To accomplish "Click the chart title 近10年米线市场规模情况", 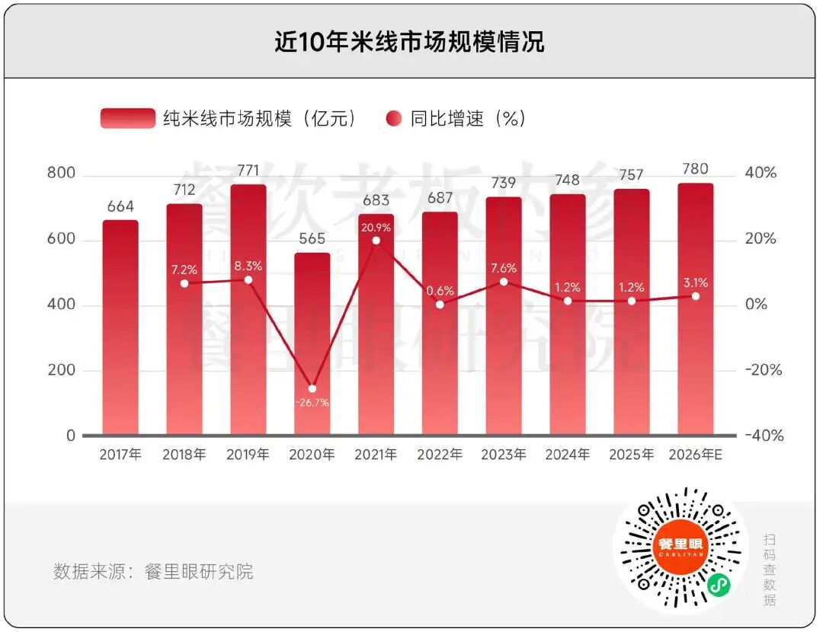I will [410, 41].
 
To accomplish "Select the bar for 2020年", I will [312, 344].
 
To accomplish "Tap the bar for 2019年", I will [248, 310].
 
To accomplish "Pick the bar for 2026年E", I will [696, 309].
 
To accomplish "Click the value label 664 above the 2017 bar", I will [120, 206].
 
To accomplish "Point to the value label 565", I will [312, 238].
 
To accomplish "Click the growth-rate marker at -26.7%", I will [312, 388].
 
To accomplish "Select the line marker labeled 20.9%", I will [376, 241].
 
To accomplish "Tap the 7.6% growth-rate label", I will [504, 268].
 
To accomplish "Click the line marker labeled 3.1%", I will [696, 295].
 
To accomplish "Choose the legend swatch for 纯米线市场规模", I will [127, 119].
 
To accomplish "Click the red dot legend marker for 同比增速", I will [394, 119].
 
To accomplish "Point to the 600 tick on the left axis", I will [61, 239].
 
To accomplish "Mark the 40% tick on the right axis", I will [761, 173].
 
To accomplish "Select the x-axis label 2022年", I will [440, 455].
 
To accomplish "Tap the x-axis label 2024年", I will [568, 455].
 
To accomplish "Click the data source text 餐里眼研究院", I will [199, 572].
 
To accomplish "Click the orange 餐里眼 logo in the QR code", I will [680, 546].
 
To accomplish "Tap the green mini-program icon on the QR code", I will [716, 584].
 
